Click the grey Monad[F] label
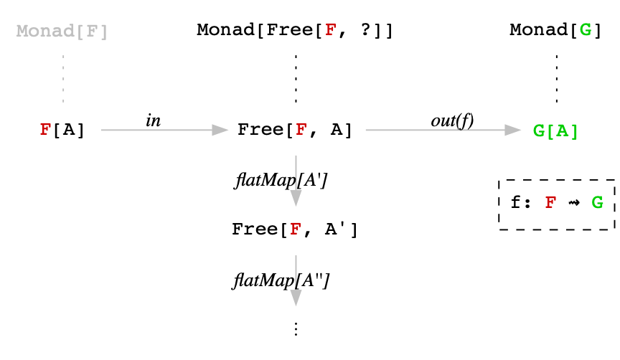coord(62,31)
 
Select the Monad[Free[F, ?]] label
coord(295,31)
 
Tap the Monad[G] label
coord(556,31)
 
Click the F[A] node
coord(62,130)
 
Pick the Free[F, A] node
coord(295,130)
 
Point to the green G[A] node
coord(556,131)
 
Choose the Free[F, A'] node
coord(295,229)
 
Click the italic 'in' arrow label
coord(153,120)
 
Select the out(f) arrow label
coord(452,120)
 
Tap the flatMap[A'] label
coord(281,180)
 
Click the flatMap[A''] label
coord(281,280)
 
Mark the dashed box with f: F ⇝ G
coord(557,204)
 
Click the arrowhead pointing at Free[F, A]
coord(220,130)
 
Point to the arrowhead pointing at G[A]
coord(512,130)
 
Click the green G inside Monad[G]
coord(586,31)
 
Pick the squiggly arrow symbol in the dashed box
coord(573,203)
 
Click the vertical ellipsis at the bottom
coord(296,329)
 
